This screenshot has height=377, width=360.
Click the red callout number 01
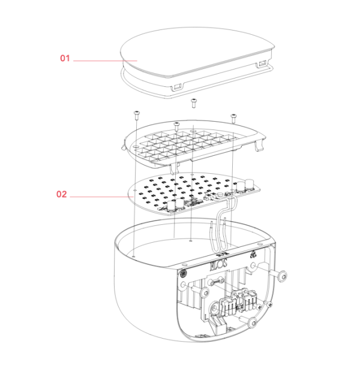(65, 58)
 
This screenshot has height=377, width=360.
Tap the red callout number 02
(61, 194)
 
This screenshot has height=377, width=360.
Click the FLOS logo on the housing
(219, 264)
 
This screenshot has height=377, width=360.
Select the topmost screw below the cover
(193, 103)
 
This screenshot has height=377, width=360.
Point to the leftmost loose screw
(137, 116)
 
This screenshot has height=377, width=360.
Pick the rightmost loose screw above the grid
(233, 118)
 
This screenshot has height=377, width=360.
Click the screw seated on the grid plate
(176, 126)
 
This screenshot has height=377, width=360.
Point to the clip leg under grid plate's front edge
(175, 168)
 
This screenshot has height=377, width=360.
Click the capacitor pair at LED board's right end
(245, 186)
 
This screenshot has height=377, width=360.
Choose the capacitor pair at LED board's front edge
(176, 206)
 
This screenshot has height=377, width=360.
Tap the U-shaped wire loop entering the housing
(222, 224)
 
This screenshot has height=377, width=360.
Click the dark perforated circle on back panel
(184, 273)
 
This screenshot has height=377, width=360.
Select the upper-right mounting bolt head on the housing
(281, 276)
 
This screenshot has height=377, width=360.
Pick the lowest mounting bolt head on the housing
(252, 323)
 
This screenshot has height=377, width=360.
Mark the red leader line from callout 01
(106, 61)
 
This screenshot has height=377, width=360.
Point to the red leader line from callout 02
(102, 197)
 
